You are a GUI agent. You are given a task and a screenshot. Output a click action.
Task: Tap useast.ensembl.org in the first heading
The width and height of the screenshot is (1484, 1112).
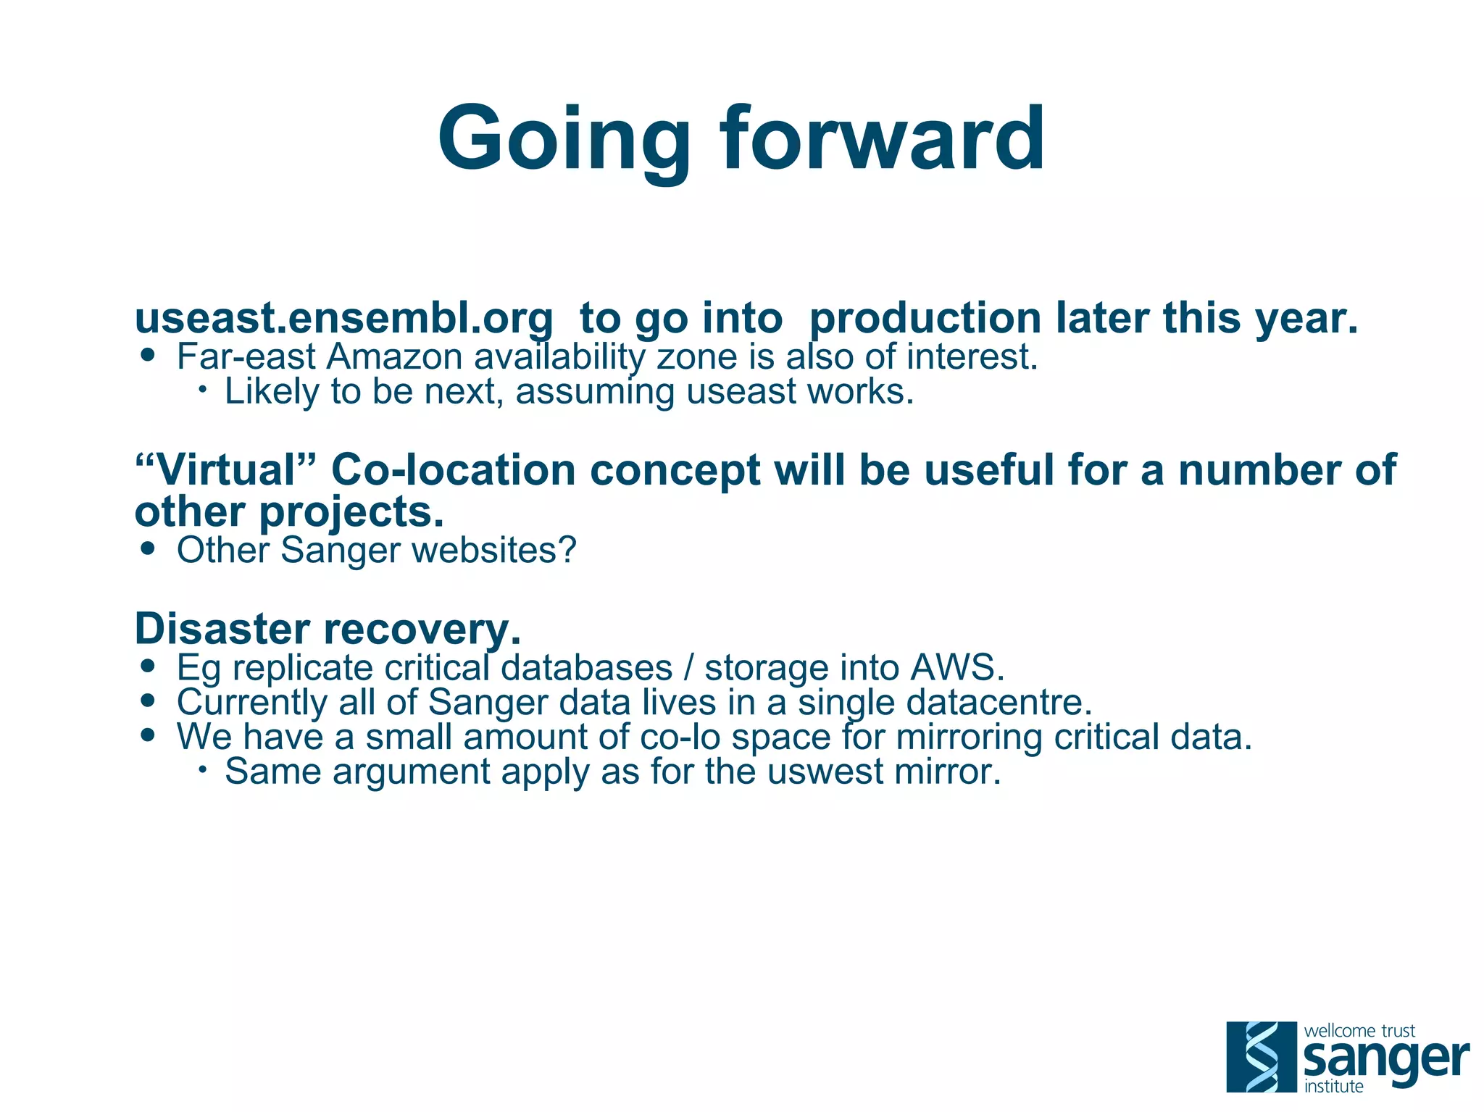coord(343,319)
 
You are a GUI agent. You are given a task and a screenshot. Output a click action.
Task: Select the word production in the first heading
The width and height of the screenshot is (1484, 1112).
coord(925,319)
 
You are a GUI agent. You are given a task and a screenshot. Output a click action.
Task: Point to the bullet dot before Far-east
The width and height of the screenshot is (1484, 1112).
coord(149,356)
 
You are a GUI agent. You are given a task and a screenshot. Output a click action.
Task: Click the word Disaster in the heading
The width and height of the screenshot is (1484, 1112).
coord(222,629)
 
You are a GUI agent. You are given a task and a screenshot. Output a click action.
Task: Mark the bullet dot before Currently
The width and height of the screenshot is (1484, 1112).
coord(149,701)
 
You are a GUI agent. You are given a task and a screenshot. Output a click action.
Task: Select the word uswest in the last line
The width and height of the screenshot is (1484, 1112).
coord(826,772)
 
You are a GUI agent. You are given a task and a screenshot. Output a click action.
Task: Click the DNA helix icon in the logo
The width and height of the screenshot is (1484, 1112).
coord(1262,1056)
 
